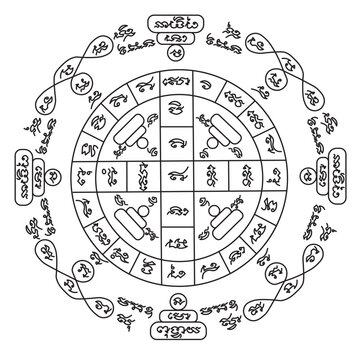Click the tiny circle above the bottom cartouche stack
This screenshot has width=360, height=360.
click(x=181, y=309)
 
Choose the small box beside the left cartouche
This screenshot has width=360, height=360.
click(x=38, y=180)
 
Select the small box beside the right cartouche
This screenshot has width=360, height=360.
click(x=322, y=180)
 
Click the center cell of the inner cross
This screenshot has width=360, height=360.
click(x=181, y=180)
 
